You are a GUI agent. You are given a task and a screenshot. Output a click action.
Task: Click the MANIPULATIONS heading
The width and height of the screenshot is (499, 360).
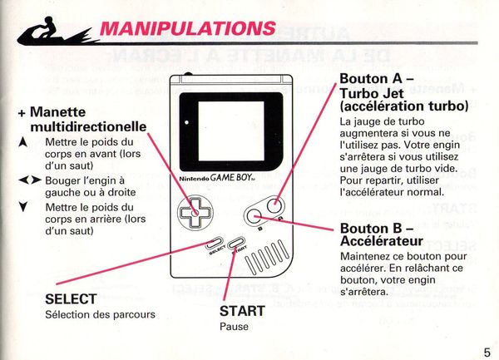point(188,28)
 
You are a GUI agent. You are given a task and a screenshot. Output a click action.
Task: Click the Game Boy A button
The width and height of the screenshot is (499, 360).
point(275,205)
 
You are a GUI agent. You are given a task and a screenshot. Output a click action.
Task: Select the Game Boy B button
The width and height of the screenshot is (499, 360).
point(254,217)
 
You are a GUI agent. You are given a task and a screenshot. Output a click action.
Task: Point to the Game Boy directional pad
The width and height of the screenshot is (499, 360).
point(195,212)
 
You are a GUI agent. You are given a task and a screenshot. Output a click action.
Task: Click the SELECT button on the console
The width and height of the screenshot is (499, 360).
point(215,243)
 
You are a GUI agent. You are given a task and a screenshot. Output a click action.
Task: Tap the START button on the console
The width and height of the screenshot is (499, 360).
point(236,243)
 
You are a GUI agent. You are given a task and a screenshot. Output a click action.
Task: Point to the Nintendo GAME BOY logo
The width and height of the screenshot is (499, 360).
point(213,178)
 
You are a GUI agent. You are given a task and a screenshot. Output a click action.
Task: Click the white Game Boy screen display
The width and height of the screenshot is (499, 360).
point(231,131)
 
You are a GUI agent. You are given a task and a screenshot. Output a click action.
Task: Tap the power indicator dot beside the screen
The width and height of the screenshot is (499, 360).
point(186,122)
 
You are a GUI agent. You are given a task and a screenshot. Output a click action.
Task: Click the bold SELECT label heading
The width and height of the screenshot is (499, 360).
point(71,299)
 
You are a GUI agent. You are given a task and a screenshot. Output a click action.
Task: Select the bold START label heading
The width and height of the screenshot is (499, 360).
point(242,311)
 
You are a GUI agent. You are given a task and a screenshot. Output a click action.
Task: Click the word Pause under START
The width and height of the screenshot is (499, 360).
point(234,327)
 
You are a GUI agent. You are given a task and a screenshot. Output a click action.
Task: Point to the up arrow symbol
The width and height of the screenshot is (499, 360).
point(22,142)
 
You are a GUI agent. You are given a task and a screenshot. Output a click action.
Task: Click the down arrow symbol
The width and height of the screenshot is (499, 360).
point(22,207)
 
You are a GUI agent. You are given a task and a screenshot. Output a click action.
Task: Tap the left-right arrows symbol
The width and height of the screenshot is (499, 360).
point(30,180)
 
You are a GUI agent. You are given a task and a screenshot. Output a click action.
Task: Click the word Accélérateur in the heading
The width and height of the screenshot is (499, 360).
point(382,241)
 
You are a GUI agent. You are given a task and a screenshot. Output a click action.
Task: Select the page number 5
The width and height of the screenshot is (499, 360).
point(487,353)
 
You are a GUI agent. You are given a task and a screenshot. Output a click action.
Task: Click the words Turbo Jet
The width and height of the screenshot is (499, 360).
point(372,93)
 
